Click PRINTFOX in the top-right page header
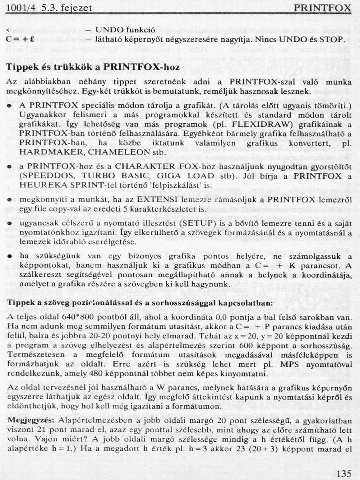[322, 8]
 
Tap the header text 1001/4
[19, 8]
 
